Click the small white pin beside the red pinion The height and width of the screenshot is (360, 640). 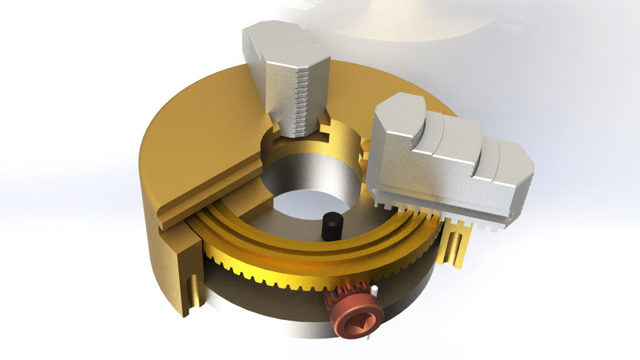pos(376,294)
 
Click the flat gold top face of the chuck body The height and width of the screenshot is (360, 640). pos(200,127)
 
